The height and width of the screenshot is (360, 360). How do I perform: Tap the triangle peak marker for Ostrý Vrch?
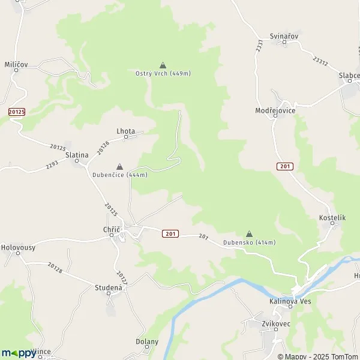(162, 65)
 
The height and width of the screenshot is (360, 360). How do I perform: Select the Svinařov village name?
(284, 36)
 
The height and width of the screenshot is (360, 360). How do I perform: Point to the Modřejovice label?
(275, 111)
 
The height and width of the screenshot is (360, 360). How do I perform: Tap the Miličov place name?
(16, 64)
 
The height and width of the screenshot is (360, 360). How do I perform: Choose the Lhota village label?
(126, 131)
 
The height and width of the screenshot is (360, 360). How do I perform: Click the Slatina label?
(77, 155)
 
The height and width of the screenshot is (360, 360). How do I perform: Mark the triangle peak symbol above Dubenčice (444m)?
(119, 166)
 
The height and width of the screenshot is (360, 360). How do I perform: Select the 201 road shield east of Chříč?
(170, 233)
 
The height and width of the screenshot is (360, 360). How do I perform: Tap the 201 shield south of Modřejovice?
(284, 166)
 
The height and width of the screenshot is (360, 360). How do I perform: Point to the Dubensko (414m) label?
(249, 242)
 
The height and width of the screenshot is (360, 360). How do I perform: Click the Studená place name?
(109, 288)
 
